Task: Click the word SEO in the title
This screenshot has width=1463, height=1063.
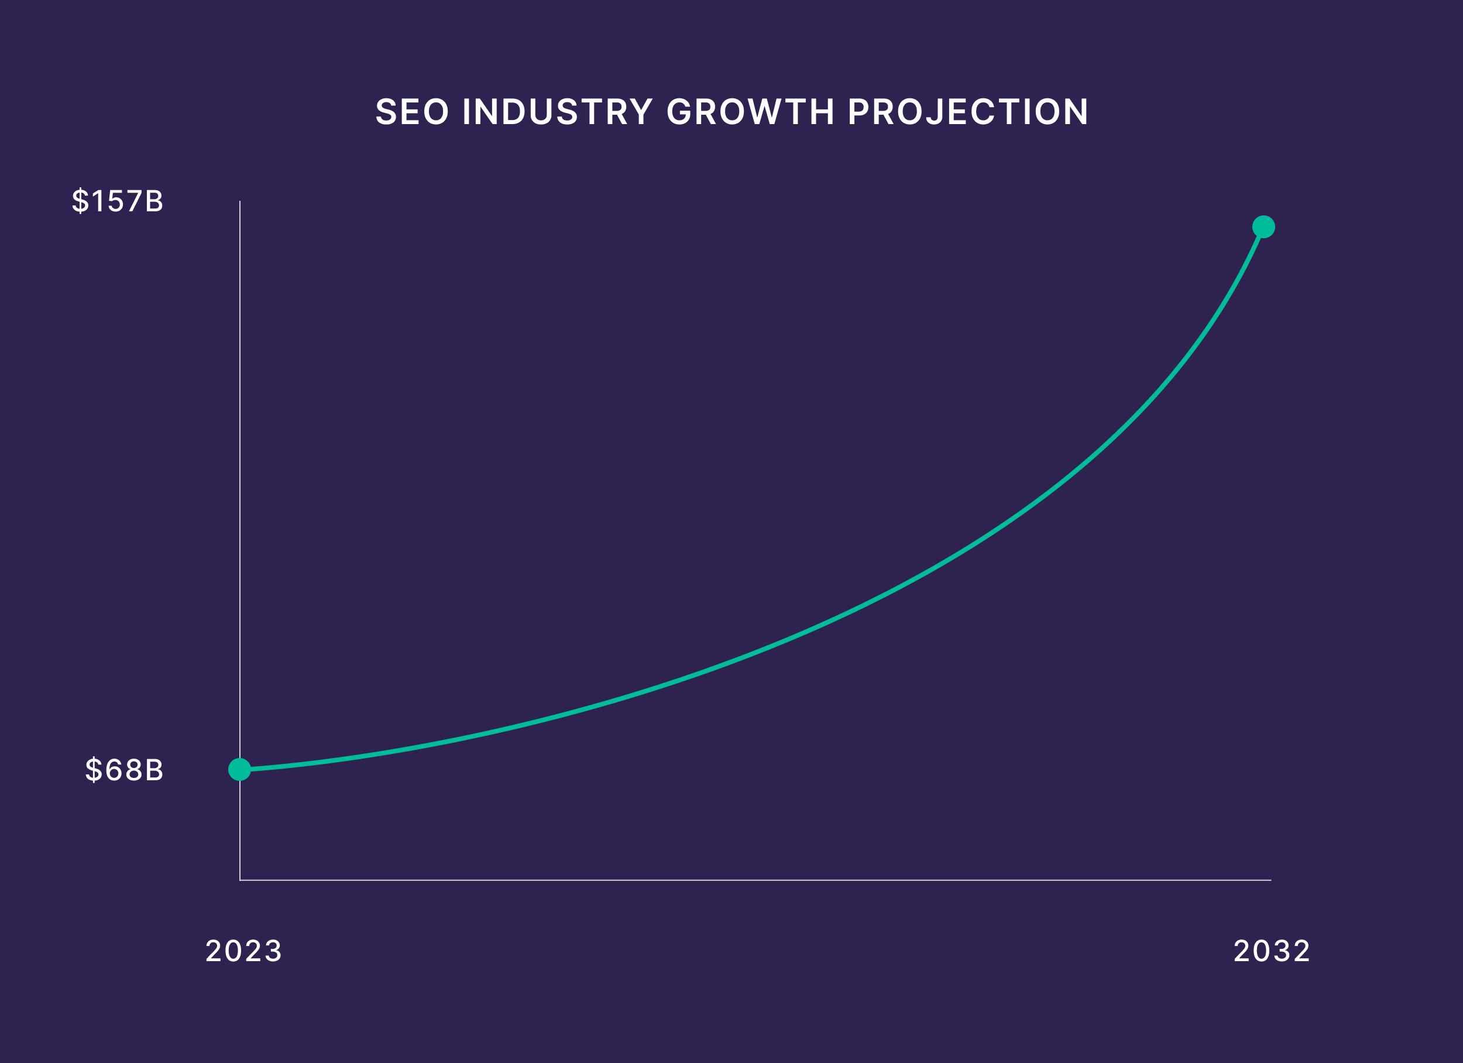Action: (x=411, y=112)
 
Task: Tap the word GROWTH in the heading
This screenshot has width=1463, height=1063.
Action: (x=750, y=112)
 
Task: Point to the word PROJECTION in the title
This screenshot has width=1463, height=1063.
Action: (x=967, y=112)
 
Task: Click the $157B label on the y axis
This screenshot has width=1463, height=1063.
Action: (x=118, y=201)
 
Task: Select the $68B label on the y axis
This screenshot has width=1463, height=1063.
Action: (x=125, y=770)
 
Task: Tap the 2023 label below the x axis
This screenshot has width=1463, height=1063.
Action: (x=244, y=951)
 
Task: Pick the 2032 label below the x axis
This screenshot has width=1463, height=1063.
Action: (x=1272, y=951)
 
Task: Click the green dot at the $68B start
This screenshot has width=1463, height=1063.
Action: (x=239, y=769)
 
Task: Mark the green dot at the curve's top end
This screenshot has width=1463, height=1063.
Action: (x=1263, y=227)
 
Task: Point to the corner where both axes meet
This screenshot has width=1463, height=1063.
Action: (x=240, y=880)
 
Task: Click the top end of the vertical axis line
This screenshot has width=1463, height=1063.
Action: (x=240, y=202)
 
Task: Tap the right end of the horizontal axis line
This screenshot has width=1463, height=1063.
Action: (x=1269, y=880)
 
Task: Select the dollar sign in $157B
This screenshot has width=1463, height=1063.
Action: (x=80, y=201)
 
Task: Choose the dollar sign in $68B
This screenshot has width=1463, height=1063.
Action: (x=94, y=770)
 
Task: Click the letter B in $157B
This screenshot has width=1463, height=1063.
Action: (x=154, y=201)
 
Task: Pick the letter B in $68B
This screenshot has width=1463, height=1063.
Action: (x=154, y=770)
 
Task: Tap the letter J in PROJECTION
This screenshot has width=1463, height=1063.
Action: (x=935, y=112)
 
